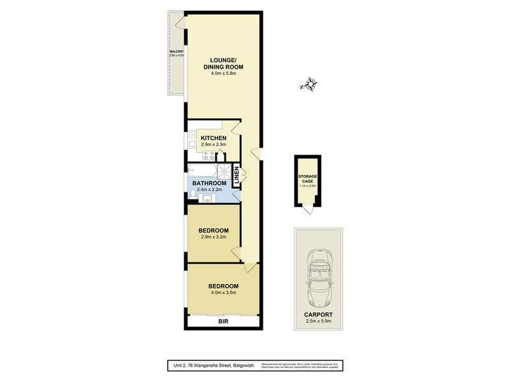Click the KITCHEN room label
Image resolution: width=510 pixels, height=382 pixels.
click(214, 138)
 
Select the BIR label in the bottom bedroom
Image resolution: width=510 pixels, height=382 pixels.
click(222, 323)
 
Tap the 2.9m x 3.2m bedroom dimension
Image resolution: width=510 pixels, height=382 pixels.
click(213, 237)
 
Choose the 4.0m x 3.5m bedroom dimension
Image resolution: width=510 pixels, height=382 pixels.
click(223, 294)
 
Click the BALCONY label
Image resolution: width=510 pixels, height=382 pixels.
click(176, 51)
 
